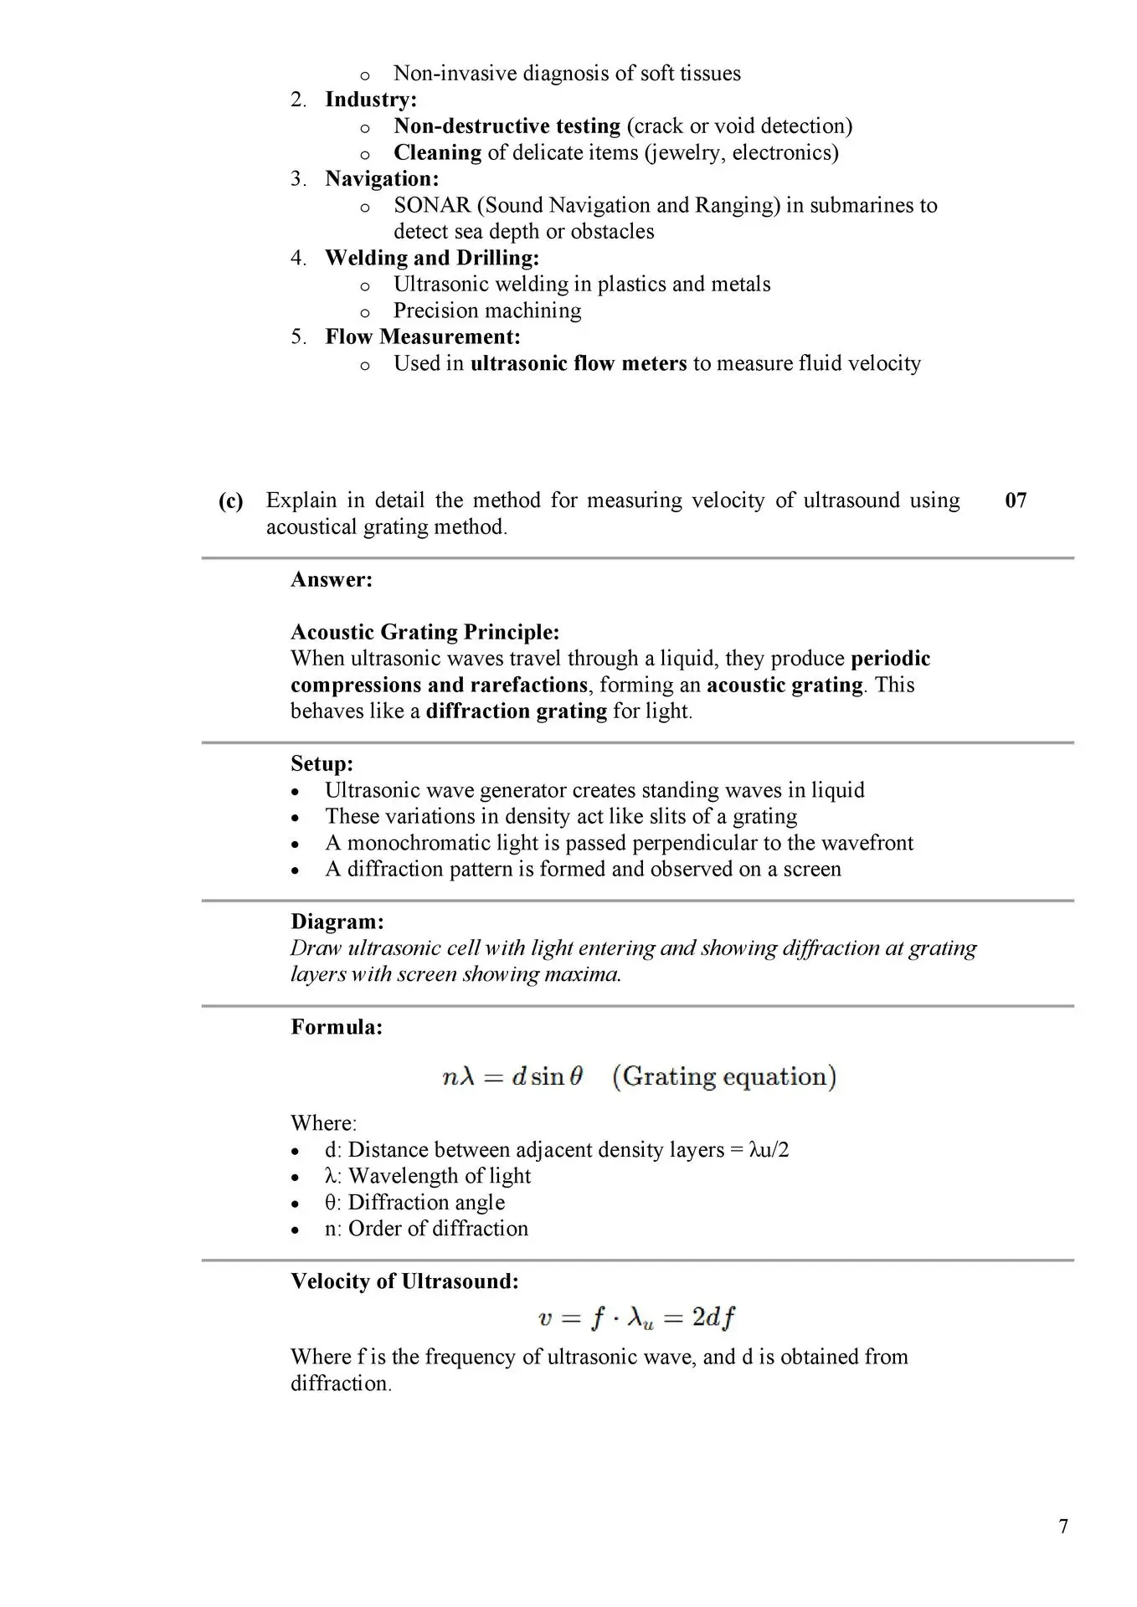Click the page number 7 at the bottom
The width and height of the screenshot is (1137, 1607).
tap(1063, 1526)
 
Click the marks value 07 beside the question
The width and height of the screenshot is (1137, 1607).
tap(1016, 501)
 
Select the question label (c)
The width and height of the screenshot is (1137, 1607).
tap(230, 501)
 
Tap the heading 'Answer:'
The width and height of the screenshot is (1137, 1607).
tap(332, 579)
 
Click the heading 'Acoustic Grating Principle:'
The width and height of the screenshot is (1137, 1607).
tap(424, 632)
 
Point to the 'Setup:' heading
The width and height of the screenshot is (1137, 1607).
tap(322, 763)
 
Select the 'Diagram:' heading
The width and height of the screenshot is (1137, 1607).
tap(337, 922)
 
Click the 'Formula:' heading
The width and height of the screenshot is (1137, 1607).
tap(337, 1027)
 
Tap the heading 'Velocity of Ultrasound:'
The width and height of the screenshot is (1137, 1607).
tap(404, 1281)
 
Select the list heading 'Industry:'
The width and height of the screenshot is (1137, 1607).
tap(371, 100)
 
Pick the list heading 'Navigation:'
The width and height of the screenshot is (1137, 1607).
tap(382, 178)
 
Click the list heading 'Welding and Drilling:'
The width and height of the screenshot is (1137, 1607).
tap(432, 258)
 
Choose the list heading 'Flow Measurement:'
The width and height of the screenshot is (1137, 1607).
tap(423, 336)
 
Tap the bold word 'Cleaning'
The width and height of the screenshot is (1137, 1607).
tap(438, 152)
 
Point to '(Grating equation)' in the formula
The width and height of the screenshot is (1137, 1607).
tap(724, 1076)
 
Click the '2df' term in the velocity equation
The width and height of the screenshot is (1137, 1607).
tap(713, 1318)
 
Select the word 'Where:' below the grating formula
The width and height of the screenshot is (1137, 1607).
tap(324, 1123)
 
